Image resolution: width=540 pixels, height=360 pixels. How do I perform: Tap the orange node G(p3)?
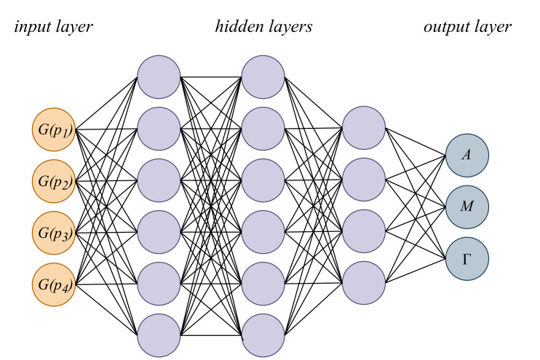point(54,232)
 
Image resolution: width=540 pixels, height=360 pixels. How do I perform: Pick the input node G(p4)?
point(54,284)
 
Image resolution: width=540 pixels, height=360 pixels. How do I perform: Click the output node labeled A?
point(467,154)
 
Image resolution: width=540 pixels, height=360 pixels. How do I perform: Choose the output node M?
point(467,207)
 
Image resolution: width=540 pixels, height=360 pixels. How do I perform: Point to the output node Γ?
point(467,258)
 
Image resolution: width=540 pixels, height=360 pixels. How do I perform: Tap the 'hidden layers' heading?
point(263,28)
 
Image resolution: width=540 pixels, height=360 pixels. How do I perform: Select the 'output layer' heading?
point(467,28)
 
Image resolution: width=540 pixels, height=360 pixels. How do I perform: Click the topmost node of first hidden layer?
point(159,77)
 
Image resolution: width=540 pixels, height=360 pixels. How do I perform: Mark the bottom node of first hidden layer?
point(159,335)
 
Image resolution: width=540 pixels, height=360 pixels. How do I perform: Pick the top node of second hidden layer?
point(263,77)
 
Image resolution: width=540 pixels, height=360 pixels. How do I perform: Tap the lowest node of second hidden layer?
point(263,335)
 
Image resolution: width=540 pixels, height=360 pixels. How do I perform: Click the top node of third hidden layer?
point(363,129)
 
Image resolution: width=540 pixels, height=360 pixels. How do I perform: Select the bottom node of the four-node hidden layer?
point(363,284)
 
